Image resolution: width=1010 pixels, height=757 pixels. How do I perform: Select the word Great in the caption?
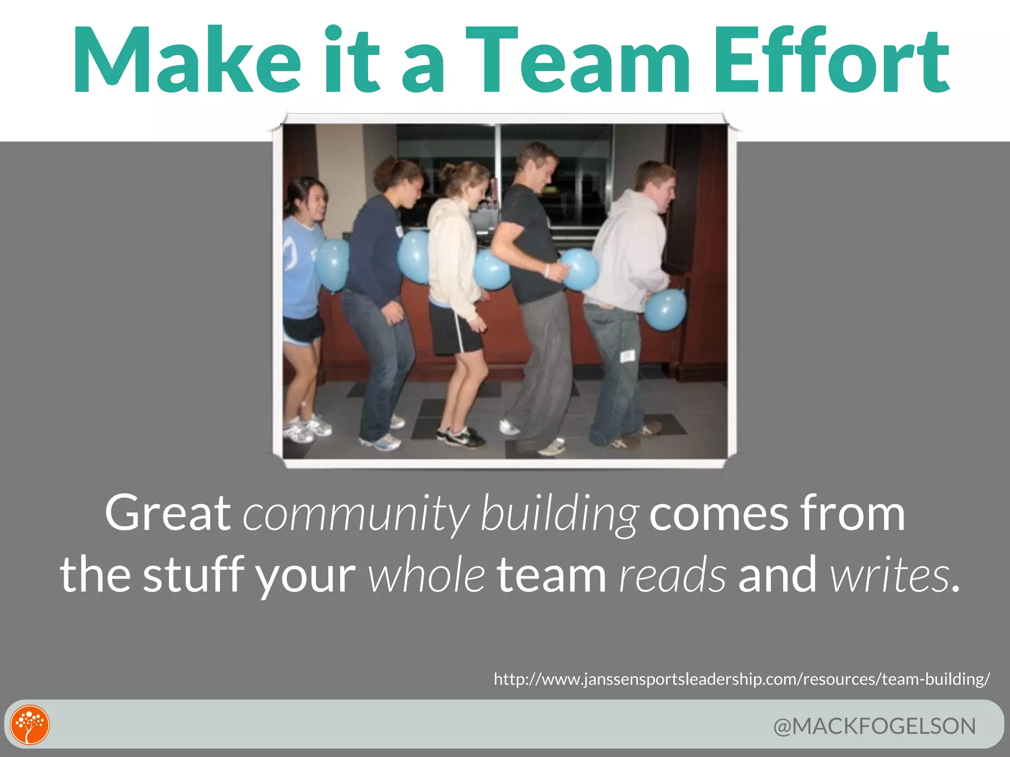pos(168,514)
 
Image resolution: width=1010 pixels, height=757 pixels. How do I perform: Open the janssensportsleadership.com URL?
pos(742,679)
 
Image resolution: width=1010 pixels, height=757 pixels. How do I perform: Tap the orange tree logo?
pos(30,724)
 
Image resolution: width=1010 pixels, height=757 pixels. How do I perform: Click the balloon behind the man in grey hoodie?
pos(665,310)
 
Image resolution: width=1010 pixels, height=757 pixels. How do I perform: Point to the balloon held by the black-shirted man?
pos(580,269)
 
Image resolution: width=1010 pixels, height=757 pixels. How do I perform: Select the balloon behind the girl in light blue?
pos(331,264)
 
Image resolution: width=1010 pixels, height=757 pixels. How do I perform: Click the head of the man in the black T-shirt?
pos(538,163)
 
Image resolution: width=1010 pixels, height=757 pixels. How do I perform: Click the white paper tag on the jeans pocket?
pos(627,356)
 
